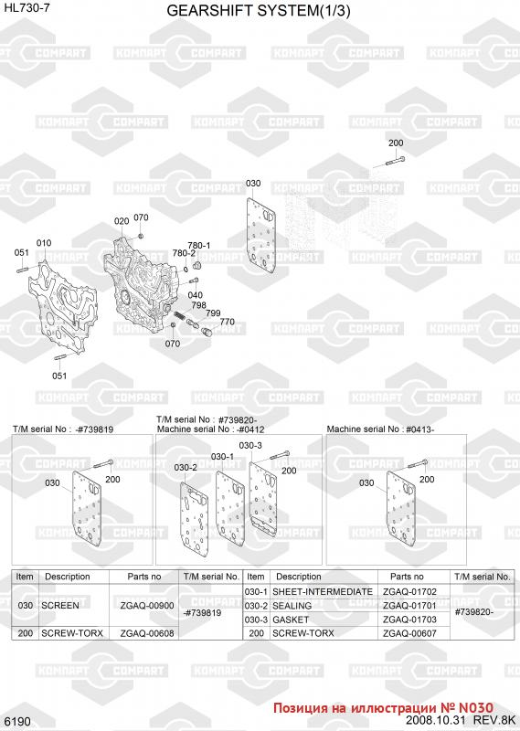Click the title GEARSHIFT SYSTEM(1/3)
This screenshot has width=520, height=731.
pyautogui.click(x=259, y=11)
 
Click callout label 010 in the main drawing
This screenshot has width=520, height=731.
pyautogui.click(x=44, y=243)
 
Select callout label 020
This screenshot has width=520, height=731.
pyautogui.click(x=122, y=220)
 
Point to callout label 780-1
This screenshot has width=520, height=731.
pyautogui.click(x=199, y=245)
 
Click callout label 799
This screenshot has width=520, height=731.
pyautogui.click(x=213, y=313)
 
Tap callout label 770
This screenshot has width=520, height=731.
pyautogui.click(x=228, y=322)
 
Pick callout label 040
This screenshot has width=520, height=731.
pyautogui.click(x=195, y=294)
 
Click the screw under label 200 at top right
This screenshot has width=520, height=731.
pyautogui.click(x=395, y=161)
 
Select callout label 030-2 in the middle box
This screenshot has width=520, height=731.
pyautogui.click(x=186, y=467)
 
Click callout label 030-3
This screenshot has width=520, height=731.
pyautogui.click(x=250, y=445)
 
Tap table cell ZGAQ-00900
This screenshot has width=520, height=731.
pyautogui.click(x=147, y=606)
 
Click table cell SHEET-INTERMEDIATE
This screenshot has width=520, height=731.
pyautogui.click(x=323, y=591)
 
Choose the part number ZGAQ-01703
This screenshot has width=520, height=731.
pyautogui.click(x=409, y=620)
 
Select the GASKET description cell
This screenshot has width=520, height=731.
pyautogui.click(x=291, y=620)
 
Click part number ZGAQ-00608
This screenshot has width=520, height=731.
pyautogui.click(x=147, y=633)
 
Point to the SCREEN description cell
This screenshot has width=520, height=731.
pyautogui.click(x=60, y=606)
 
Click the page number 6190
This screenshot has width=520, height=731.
pyautogui.click(x=17, y=722)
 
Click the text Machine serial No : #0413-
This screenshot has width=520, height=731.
pyautogui.click(x=380, y=429)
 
